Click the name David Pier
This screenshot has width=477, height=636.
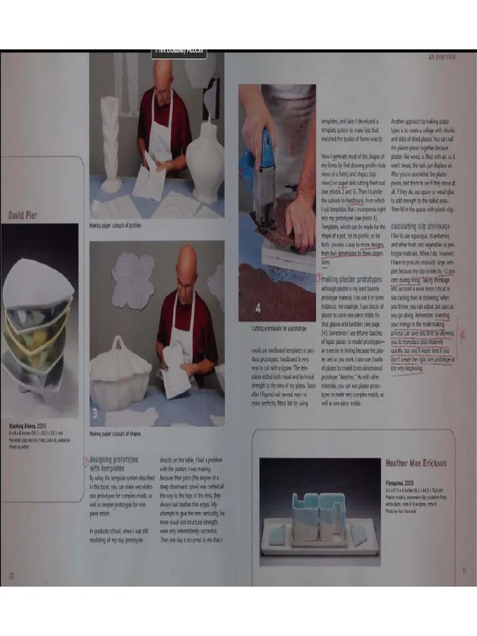22,216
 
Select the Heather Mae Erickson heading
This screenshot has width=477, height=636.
416,463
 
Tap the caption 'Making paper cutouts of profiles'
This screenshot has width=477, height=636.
116,225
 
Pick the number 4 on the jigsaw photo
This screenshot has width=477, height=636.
258,309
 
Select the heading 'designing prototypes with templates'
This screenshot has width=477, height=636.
114,463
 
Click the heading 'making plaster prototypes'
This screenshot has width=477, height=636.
352,279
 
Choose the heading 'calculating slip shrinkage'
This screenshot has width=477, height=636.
420,227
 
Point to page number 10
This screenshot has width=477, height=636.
11,575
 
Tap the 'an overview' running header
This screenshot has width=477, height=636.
442,57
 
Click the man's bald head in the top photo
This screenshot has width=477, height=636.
163,73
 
